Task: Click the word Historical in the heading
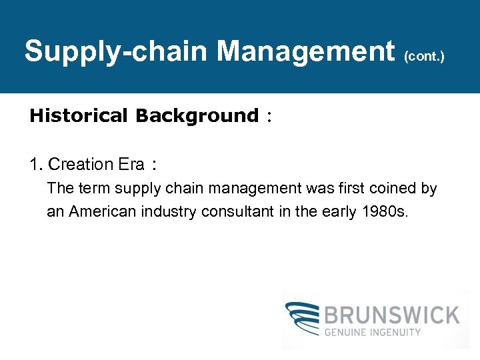coord(78,116)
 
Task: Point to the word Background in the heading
coord(197,116)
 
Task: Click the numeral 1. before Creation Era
coord(37,164)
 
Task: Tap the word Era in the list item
coord(132,164)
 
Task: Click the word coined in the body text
coord(393,189)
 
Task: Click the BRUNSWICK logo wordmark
coord(393,315)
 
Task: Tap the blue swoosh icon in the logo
coord(302,320)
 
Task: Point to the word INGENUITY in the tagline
coord(397,332)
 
